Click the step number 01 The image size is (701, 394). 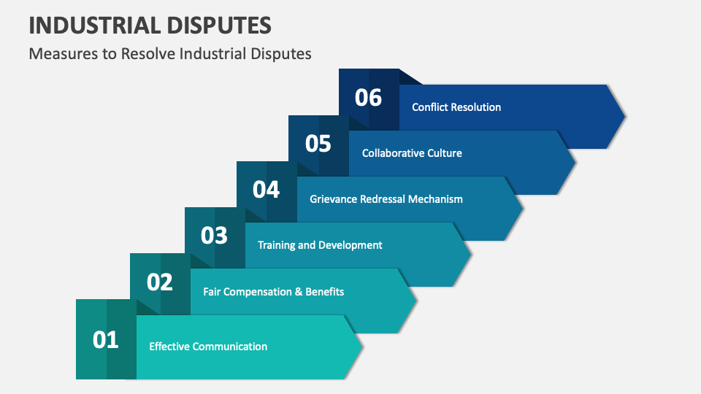105,339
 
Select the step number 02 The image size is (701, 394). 160,282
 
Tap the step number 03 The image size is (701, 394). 214,236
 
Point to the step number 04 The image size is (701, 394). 267,190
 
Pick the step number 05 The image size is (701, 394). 318,144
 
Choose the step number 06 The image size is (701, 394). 368,98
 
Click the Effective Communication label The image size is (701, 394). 208,347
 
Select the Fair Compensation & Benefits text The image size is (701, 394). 273,292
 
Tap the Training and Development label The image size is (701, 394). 320,245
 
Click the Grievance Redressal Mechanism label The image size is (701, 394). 386,199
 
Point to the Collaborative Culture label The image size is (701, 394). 412,153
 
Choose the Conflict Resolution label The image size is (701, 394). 456,107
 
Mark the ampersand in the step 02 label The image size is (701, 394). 297,292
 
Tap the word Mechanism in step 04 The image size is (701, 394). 435,199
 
